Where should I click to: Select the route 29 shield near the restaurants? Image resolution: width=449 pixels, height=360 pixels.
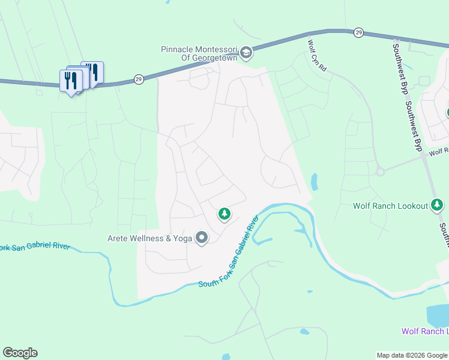[138, 79]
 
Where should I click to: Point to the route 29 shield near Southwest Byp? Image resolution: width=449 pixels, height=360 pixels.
[358, 32]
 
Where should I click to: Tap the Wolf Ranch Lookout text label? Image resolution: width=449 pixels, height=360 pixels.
[390, 206]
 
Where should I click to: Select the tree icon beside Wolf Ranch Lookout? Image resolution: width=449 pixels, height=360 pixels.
[437, 206]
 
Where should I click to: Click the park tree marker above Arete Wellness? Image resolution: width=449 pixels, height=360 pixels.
[224, 213]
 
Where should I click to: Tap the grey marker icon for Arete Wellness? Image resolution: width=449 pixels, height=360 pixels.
[202, 238]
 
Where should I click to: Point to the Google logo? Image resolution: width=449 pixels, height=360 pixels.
[20, 353]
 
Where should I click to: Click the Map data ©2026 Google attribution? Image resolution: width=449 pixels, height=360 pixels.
[412, 355]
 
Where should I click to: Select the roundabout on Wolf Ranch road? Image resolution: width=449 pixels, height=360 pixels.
[380, 172]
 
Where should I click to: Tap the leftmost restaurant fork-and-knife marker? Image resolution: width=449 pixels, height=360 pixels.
[71, 80]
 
